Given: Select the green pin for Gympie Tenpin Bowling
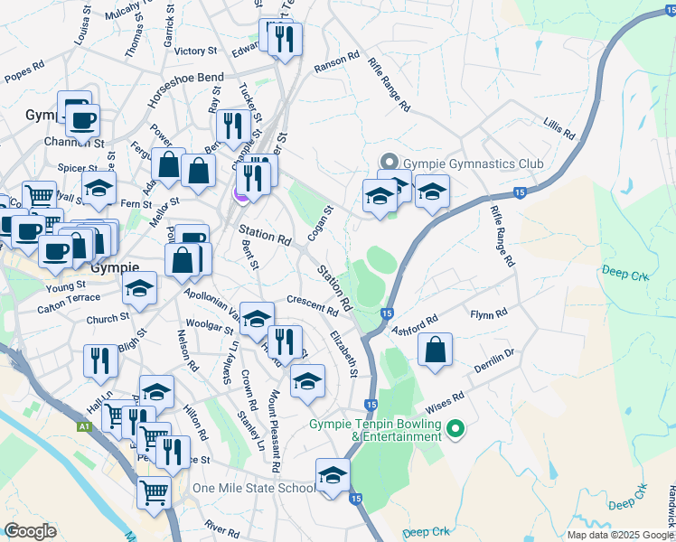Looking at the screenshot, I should pyautogui.click(x=455, y=428).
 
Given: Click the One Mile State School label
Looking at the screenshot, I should pyautogui.click(x=254, y=488).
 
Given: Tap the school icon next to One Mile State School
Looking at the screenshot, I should pyautogui.click(x=333, y=475).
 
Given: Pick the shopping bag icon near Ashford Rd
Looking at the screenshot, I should pyautogui.click(x=436, y=350).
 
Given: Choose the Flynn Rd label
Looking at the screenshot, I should pyautogui.click(x=489, y=314).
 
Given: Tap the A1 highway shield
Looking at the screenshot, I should pyautogui.click(x=84, y=426).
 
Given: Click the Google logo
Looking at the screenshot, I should pyautogui.click(x=30, y=531).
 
